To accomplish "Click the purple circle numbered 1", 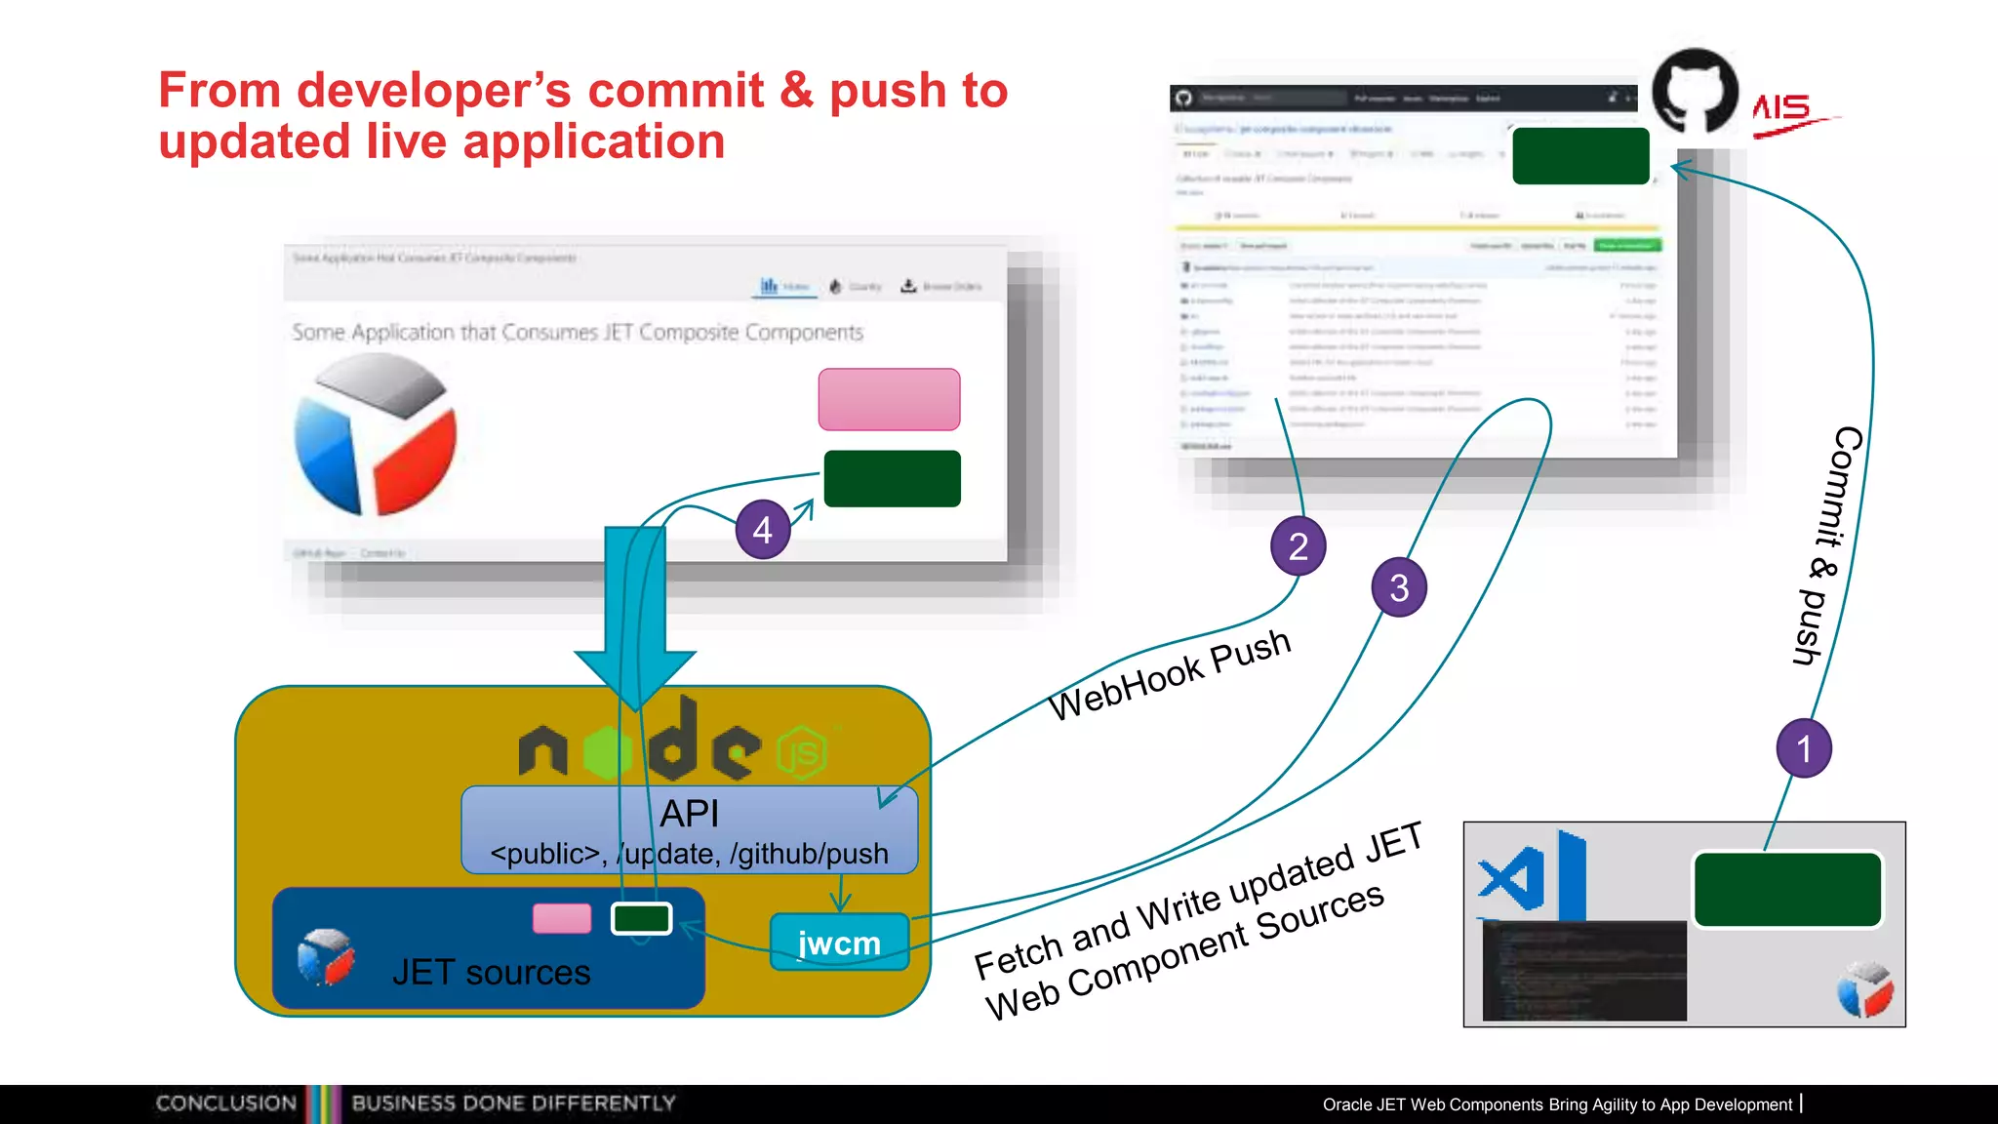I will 1804,748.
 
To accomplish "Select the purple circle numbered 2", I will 1298,545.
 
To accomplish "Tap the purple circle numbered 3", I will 1399,587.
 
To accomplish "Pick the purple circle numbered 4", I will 763,530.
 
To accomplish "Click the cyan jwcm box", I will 839,943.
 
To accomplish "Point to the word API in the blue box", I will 689,813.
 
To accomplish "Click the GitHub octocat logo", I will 1695,91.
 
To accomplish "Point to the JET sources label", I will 491,972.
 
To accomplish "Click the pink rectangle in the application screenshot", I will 889,399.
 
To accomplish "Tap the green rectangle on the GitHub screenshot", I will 1580,156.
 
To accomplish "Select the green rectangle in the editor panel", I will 1787,889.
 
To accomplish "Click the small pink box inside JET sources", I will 562,918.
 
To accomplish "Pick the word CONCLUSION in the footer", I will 225,1104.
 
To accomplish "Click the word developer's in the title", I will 434,90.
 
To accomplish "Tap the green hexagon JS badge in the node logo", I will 802,753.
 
